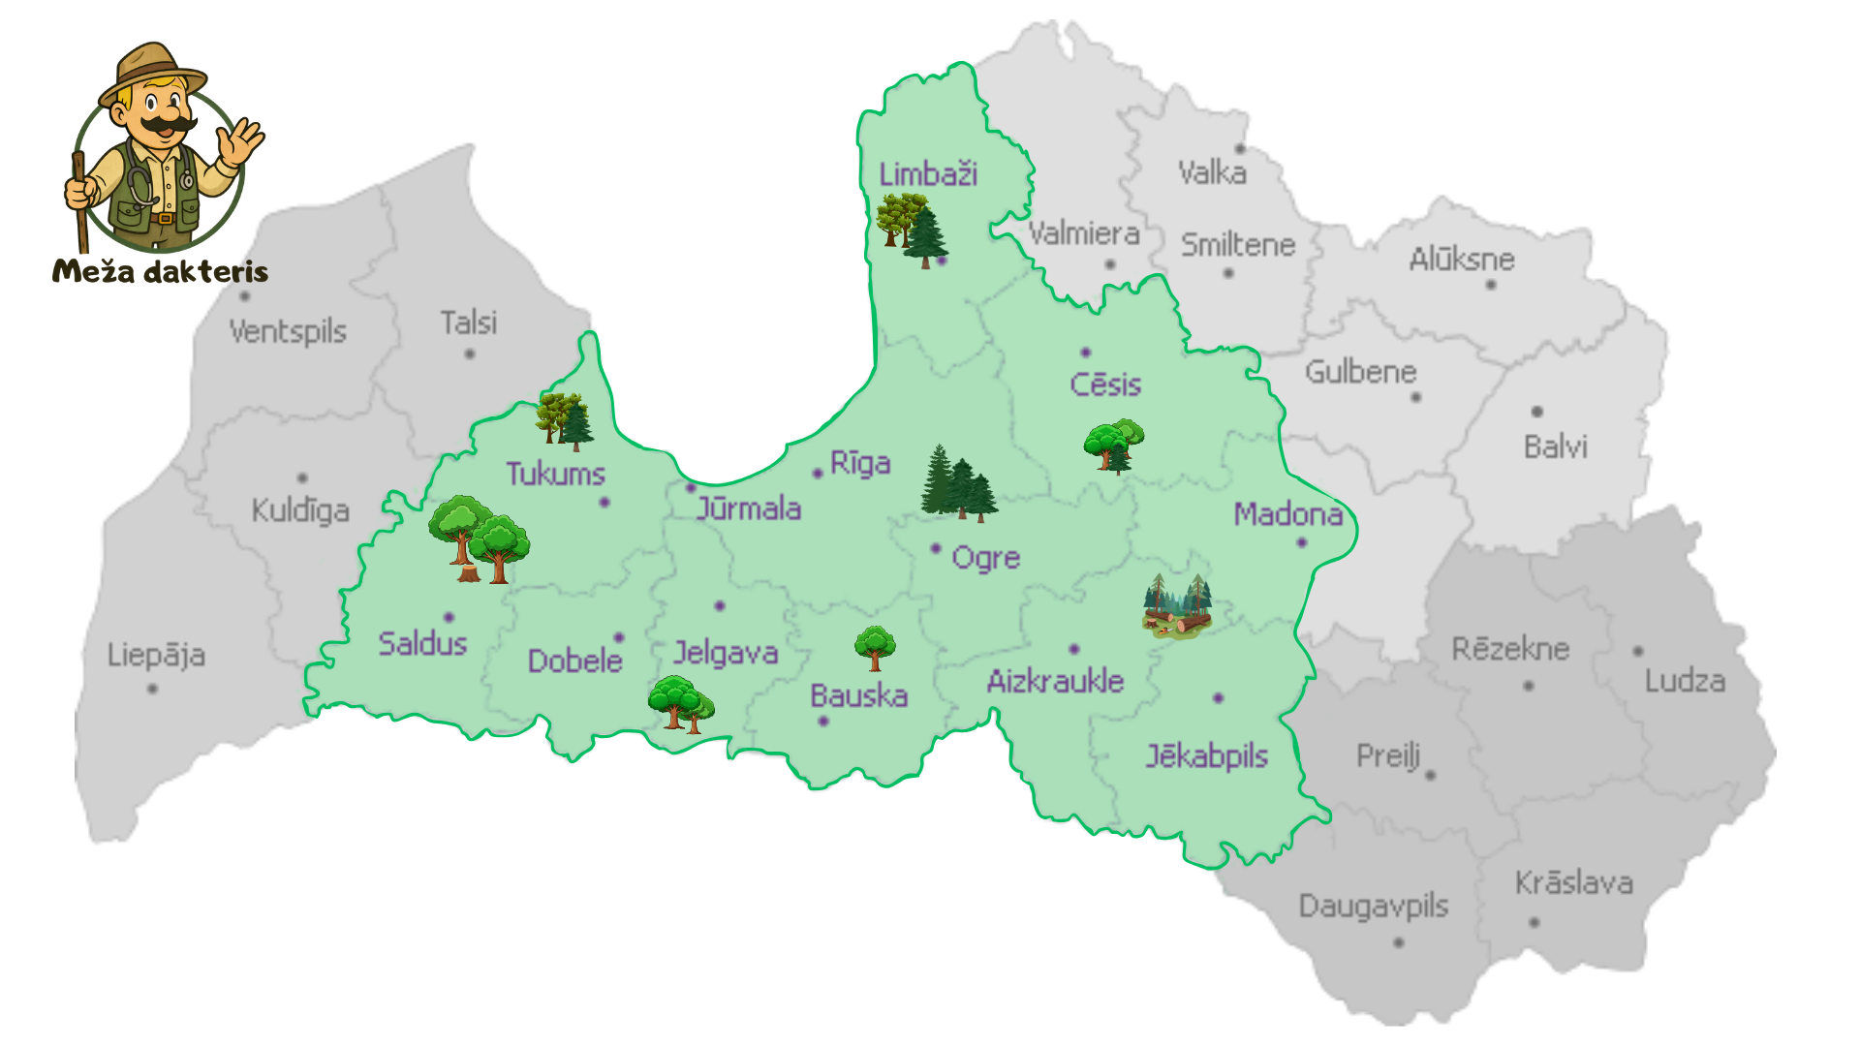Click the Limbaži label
927,174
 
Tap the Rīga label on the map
860,463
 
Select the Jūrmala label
749,508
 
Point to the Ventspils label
288,331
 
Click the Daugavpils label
1373,907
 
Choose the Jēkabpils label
1206,755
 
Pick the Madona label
1287,514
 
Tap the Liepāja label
156,655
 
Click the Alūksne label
1461,260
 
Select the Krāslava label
1573,883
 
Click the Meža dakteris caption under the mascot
160,270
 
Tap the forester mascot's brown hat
153,68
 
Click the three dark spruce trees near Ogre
958,483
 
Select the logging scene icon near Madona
1177,605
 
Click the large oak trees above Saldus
479,539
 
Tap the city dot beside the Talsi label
470,354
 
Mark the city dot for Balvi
1536,412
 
